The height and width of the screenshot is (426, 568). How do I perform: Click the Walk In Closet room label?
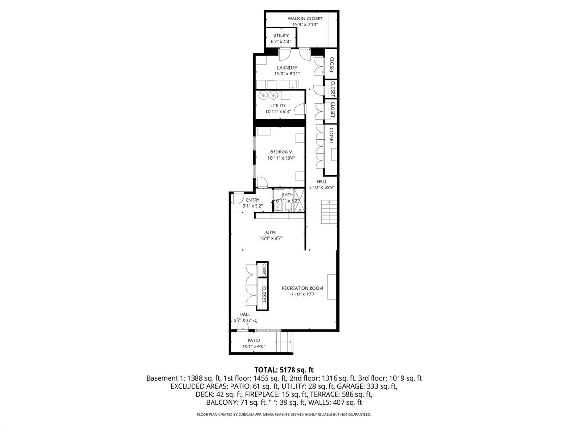(x=305, y=18)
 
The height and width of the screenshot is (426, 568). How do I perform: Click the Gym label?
(x=271, y=232)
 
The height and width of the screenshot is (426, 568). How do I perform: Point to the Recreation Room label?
(x=302, y=288)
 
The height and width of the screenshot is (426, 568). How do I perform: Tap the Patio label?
(x=254, y=340)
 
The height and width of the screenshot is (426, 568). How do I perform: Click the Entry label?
(x=252, y=200)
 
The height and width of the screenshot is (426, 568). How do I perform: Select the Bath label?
(x=287, y=195)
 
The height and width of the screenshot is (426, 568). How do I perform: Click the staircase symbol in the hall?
(x=328, y=212)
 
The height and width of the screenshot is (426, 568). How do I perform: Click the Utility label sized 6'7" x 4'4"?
(x=280, y=35)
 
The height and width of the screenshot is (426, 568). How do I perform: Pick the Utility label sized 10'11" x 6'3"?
(x=278, y=106)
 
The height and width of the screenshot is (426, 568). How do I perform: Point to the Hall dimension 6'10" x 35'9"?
(x=322, y=187)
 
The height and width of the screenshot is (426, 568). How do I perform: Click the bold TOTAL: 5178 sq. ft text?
(x=284, y=369)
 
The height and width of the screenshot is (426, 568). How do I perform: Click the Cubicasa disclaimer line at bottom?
(x=284, y=414)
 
